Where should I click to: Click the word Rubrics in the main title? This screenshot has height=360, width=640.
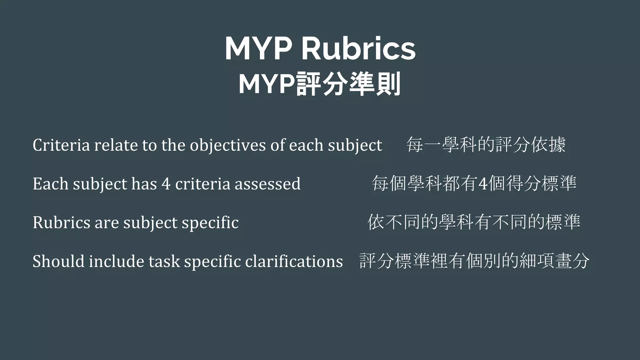(x=358, y=49)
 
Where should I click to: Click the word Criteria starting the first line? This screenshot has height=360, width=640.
(x=61, y=145)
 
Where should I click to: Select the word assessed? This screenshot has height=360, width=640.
(x=267, y=184)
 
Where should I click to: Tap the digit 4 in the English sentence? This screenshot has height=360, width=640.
(x=166, y=184)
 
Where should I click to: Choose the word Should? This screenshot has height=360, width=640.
(x=58, y=261)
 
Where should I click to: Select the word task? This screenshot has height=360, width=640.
(x=164, y=261)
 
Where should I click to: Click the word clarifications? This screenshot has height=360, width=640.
(x=294, y=261)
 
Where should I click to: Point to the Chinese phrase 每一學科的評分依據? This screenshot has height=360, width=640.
(x=486, y=145)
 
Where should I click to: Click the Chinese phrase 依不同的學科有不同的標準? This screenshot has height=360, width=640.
(x=474, y=222)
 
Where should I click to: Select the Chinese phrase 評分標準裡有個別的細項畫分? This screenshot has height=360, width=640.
(x=474, y=261)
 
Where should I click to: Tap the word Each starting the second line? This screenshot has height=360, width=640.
(x=50, y=184)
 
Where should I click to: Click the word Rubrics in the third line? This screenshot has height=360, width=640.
(x=61, y=222)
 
